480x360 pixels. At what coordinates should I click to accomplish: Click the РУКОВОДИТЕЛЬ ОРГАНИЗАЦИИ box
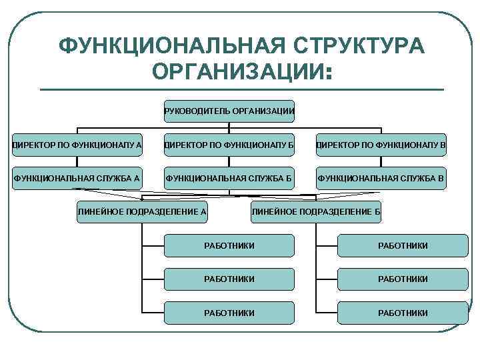pos(229,111)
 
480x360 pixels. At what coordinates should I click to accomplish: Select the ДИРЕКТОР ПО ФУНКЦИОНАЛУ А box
pos(77,144)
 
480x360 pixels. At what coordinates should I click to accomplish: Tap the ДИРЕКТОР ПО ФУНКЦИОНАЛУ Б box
pos(229,144)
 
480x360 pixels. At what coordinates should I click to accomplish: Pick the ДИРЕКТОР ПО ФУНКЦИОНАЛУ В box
pos(381,144)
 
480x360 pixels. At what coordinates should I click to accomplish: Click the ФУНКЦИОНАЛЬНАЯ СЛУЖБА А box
pos(77,178)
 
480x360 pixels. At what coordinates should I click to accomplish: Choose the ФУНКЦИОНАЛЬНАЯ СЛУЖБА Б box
pos(229,178)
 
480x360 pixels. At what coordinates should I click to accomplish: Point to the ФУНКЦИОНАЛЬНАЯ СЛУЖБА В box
pos(381,178)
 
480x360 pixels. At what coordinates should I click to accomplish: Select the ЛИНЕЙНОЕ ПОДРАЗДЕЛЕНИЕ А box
pos(142,211)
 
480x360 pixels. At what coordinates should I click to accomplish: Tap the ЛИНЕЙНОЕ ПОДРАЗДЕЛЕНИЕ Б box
pos(315,211)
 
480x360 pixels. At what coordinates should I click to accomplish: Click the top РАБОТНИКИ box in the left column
pos(229,246)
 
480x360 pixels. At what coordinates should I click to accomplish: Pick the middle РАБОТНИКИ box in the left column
pos(229,279)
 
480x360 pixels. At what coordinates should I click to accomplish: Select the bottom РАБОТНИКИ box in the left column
pos(229,312)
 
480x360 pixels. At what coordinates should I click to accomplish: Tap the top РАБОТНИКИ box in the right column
pos(403,246)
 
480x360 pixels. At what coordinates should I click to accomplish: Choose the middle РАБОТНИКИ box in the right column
pos(403,279)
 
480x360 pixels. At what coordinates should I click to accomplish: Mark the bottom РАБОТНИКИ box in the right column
pos(403,312)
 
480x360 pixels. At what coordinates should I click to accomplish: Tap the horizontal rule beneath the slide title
pos(241,89)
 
